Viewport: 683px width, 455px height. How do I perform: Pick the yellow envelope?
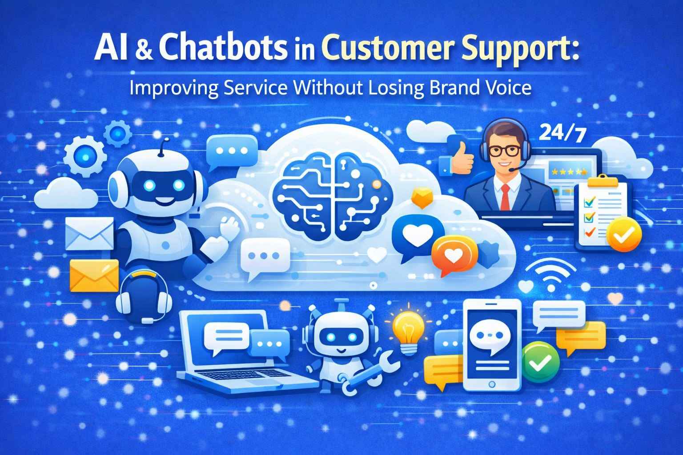[94, 275]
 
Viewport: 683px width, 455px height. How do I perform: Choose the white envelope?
[89, 235]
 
